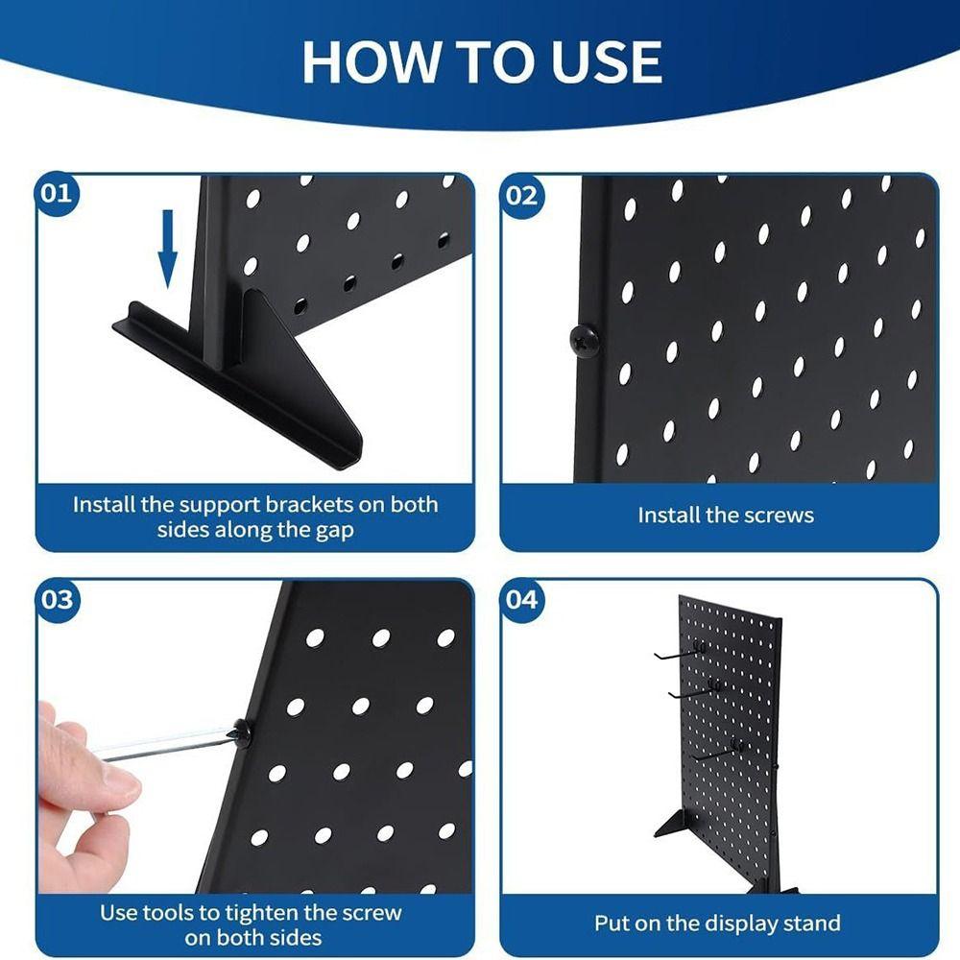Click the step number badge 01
(57, 193)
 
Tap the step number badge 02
(522, 196)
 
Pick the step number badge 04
(522, 600)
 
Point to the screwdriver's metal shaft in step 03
(163, 744)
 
